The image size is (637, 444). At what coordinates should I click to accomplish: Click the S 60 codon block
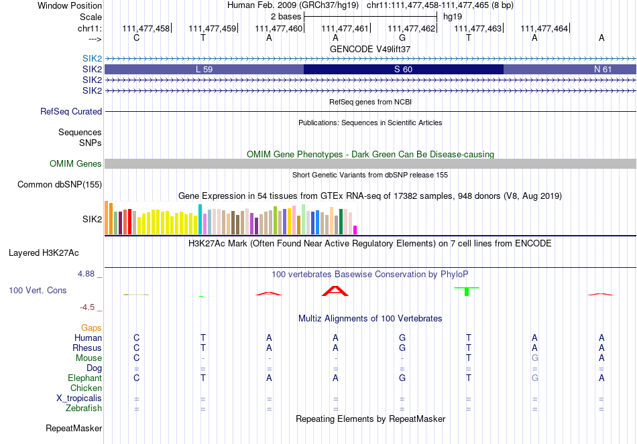pos(403,69)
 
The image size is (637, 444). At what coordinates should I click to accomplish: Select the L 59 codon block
pos(204,69)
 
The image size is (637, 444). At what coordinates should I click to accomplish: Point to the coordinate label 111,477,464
pos(544,28)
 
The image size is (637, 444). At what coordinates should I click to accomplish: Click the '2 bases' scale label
pos(286,16)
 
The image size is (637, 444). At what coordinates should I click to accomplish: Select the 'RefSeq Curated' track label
pos(71,112)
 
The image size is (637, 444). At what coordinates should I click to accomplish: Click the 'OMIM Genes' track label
pos(76,163)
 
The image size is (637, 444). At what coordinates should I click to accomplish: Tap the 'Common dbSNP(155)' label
pos(60,184)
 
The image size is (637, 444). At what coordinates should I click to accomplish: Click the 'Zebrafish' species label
pos(84,408)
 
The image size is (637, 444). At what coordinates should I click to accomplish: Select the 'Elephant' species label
pos(84,378)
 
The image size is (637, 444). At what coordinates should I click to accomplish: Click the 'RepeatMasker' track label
pos(74,428)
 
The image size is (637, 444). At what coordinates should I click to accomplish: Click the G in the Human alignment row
pos(402,338)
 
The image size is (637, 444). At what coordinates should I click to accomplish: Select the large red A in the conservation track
pos(335,291)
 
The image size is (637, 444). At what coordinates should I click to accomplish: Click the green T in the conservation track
pos(468,291)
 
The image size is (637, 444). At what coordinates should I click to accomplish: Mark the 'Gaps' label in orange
pos(91,327)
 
